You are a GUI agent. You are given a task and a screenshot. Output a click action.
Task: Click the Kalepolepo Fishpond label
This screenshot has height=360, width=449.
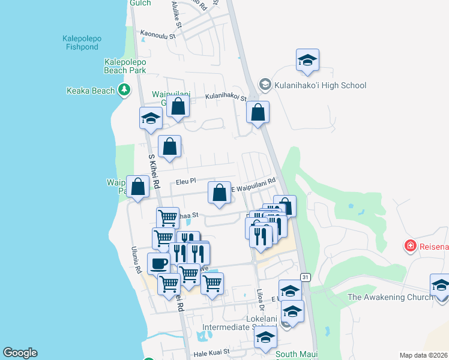[82, 43]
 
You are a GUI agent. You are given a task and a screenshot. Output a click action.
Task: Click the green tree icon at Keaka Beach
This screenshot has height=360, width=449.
[124, 91]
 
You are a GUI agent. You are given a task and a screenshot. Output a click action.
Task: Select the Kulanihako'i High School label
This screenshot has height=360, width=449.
[320, 85]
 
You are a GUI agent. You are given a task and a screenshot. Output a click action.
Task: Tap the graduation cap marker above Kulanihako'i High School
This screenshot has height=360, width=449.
[307, 60]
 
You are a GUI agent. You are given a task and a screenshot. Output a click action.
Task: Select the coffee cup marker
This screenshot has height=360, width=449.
[159, 263]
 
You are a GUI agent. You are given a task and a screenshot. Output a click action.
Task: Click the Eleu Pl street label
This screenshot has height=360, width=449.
[185, 181]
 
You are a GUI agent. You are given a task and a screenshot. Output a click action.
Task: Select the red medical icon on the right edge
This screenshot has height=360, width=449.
[411, 245]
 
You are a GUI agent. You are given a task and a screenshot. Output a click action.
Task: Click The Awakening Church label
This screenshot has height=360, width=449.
[390, 297]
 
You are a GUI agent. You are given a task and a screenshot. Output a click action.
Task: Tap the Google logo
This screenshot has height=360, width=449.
[20, 353]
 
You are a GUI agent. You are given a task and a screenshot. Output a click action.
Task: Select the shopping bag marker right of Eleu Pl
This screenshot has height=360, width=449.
[220, 193]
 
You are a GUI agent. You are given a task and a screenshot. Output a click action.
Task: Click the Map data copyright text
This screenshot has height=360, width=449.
[423, 355]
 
